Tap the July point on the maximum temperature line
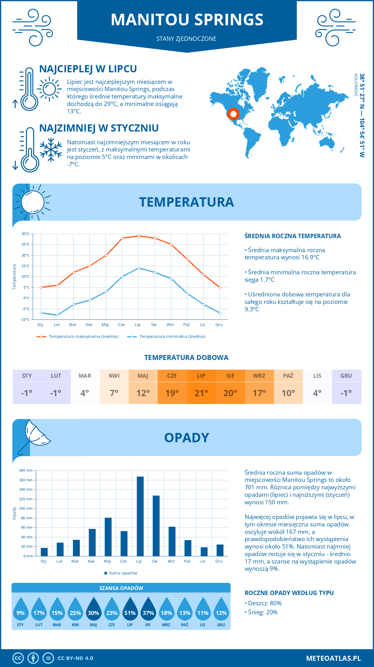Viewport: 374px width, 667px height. [139, 236]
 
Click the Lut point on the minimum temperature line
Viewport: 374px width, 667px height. [57, 315]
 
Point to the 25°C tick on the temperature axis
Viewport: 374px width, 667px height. [26, 244]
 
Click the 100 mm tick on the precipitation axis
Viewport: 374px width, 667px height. [26, 508]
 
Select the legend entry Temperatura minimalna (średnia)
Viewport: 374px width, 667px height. [167, 337]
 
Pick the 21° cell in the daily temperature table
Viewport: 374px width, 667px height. [201, 393]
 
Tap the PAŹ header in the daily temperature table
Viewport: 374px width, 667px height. [288, 376]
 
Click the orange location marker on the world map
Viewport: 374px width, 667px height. [233, 114]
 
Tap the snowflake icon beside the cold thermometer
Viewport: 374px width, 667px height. [51, 149]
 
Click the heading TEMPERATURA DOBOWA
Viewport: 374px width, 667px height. [186, 357]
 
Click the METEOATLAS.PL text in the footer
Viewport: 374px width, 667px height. [333, 658]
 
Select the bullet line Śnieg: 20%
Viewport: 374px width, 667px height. [262, 612]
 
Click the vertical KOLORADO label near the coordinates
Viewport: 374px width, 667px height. [356, 85]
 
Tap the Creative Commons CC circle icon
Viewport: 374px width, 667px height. [18, 658]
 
